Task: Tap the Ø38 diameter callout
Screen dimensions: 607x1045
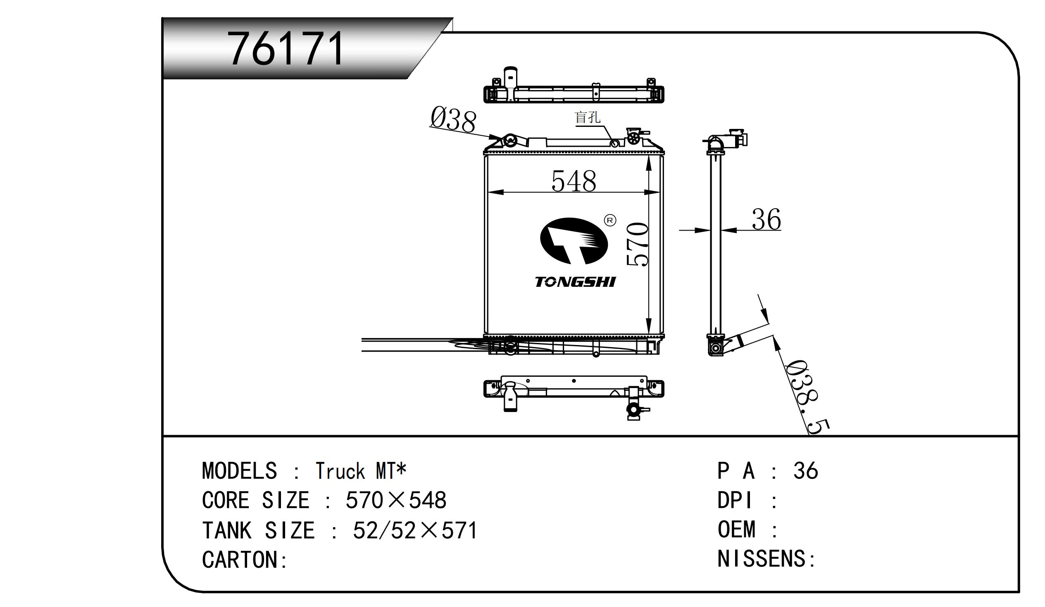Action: (453, 119)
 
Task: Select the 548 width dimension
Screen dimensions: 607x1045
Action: (574, 181)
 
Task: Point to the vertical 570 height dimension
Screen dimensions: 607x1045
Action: (637, 245)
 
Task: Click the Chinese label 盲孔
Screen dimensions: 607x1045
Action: (587, 117)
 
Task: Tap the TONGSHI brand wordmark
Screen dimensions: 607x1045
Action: (575, 282)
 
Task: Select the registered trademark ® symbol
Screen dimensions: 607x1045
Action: (610, 220)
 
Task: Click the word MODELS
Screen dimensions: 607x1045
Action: (239, 471)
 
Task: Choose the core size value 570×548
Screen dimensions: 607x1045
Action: (395, 500)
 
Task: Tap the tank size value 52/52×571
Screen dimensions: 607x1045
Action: (415, 530)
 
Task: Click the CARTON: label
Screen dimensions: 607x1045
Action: (245, 560)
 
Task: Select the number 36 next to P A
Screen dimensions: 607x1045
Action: (805, 471)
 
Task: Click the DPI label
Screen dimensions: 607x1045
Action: (734, 500)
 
